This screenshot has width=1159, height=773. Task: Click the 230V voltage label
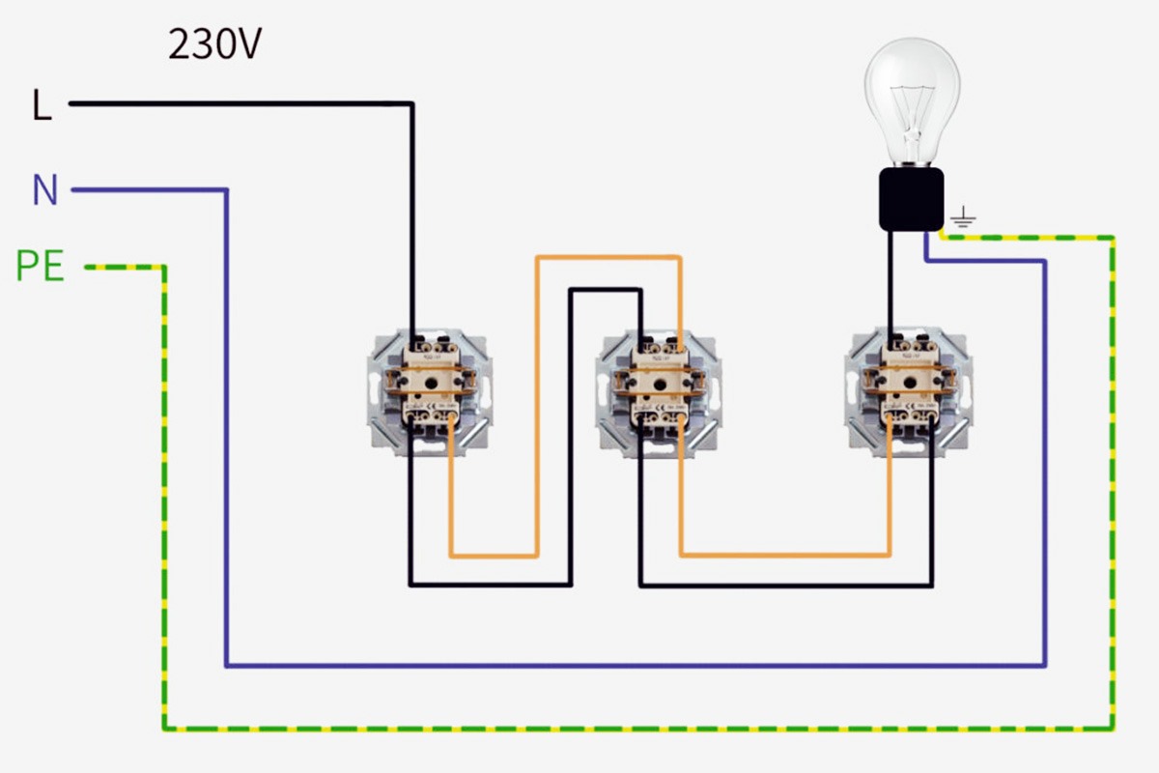[214, 44]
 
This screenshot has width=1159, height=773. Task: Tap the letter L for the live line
[42, 105]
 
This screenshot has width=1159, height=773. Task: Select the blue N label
[44, 190]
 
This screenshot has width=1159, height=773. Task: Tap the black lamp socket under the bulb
[911, 199]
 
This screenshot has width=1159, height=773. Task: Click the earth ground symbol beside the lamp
[962, 223]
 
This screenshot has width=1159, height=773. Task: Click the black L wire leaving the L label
[241, 102]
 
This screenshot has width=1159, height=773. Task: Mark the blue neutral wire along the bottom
[628, 665]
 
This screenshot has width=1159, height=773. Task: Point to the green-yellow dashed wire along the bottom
[628, 728]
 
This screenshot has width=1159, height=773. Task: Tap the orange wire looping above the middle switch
[608, 258]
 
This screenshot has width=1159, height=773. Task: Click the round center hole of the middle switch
[659, 383]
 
